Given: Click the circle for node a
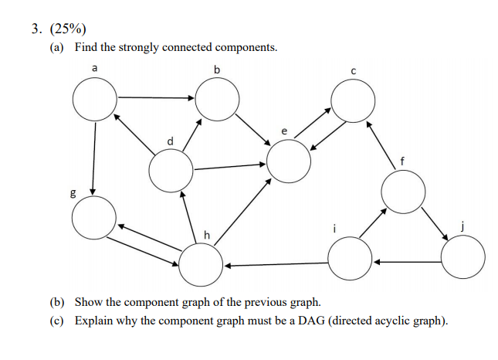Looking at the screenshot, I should coord(95,99).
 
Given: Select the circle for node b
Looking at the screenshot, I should coord(218,99).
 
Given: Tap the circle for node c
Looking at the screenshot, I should coord(353,99).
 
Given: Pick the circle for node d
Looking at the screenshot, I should coord(171,172).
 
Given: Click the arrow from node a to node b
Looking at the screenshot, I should coord(156,98).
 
